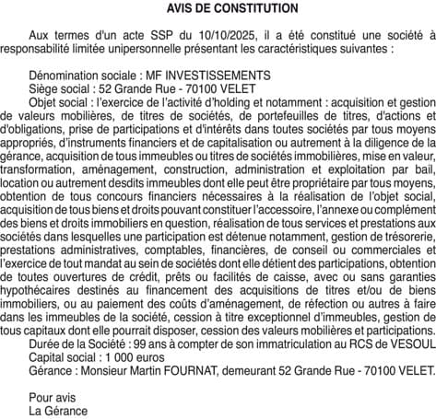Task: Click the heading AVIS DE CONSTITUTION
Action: click(x=218, y=8)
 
